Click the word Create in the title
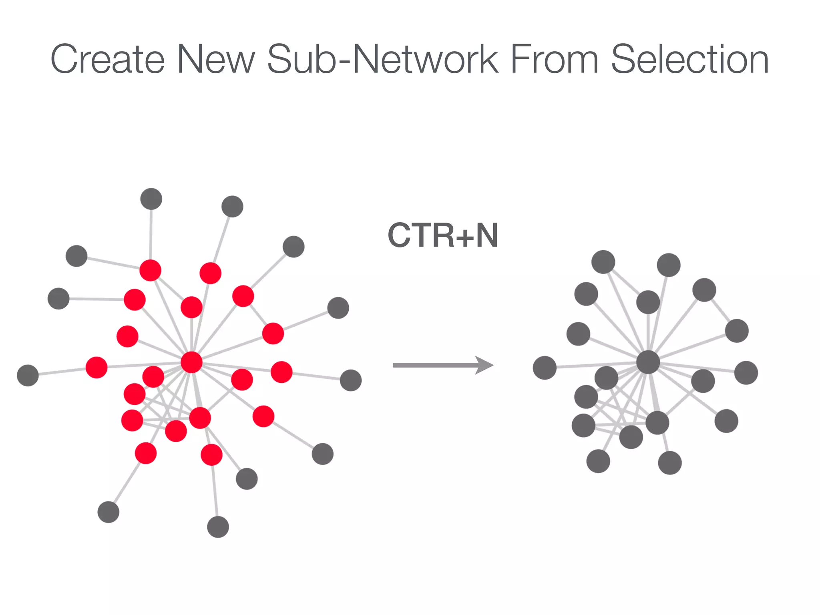(x=107, y=59)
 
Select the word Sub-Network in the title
(x=383, y=59)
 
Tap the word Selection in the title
(x=689, y=59)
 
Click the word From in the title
(x=555, y=59)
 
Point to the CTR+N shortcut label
(x=443, y=235)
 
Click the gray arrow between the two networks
(x=443, y=365)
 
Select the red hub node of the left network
(x=191, y=362)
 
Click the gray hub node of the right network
(x=648, y=362)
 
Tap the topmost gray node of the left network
(x=151, y=199)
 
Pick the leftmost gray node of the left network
(x=28, y=375)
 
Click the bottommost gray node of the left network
(x=218, y=527)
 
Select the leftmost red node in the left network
(x=96, y=367)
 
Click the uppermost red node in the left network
(x=151, y=270)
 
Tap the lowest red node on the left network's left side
(x=146, y=453)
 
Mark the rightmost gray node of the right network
(x=746, y=373)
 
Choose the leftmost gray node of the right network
(x=545, y=368)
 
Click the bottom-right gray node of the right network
(x=670, y=463)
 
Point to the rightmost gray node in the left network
(x=351, y=380)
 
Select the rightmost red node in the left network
(x=281, y=372)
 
